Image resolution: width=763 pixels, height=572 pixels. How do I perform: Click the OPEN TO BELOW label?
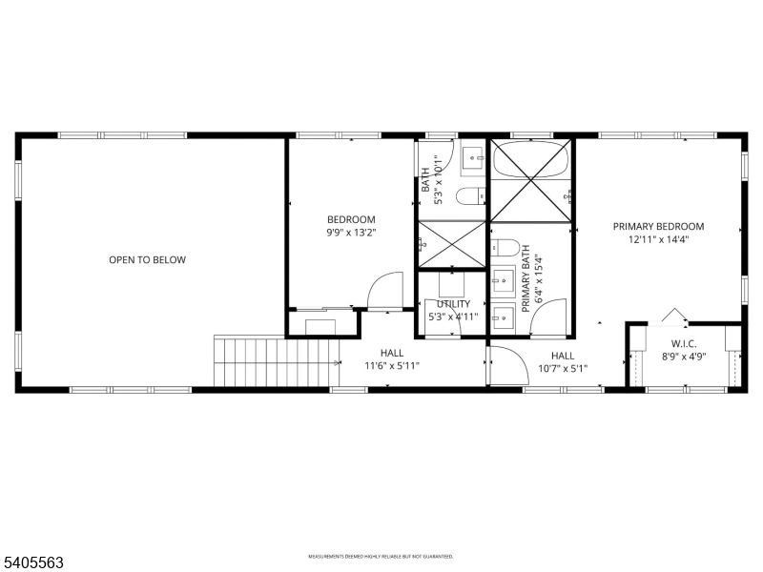pyautogui.click(x=147, y=259)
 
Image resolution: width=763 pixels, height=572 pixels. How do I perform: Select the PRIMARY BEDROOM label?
pyautogui.click(x=658, y=226)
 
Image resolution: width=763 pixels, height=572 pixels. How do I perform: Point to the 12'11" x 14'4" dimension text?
pyautogui.click(x=658, y=239)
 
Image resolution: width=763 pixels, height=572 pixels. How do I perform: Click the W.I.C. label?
pyautogui.click(x=684, y=343)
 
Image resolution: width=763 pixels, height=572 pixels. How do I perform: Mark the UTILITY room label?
pyautogui.click(x=453, y=304)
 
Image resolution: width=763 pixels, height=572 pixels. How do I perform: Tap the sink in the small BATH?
pyautogui.click(x=472, y=159)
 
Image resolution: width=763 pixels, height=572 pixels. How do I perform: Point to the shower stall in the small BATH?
pyautogui.click(x=451, y=243)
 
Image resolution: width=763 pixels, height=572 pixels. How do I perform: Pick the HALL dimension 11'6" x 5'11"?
pyautogui.click(x=392, y=365)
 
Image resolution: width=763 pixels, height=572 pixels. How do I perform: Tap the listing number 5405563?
pyautogui.click(x=33, y=563)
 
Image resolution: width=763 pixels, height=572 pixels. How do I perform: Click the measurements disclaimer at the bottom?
pyautogui.click(x=380, y=556)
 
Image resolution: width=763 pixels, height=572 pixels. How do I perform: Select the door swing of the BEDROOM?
pyautogui.click(x=385, y=291)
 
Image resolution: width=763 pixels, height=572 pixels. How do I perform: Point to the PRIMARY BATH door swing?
pyautogui.click(x=550, y=317)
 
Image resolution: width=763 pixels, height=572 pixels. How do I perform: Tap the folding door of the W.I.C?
pyautogui.click(x=674, y=316)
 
